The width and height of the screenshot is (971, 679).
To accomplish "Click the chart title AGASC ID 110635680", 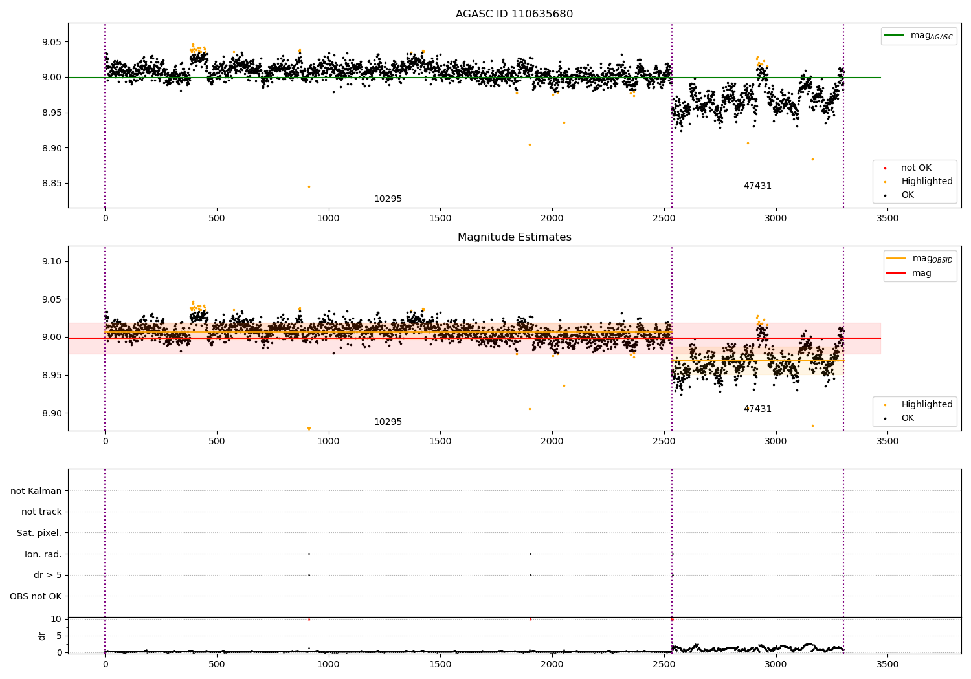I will [x=514, y=14].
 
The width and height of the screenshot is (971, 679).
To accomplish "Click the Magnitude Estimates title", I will [x=514, y=237].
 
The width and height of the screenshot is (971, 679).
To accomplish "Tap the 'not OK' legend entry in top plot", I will [x=915, y=168].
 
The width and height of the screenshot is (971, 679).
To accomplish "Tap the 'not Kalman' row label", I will [x=36, y=491].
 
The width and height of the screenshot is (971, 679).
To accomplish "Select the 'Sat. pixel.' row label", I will [x=39, y=533].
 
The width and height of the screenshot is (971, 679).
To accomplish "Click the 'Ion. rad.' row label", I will [x=43, y=554].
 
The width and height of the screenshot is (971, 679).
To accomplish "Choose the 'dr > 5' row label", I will [x=47, y=576].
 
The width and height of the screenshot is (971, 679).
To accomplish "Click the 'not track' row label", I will [x=41, y=512].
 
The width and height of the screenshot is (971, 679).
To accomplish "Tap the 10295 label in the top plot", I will [x=388, y=199].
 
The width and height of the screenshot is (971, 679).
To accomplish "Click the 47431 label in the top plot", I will [x=757, y=186].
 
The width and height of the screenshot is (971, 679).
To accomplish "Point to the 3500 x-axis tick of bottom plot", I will [x=887, y=664].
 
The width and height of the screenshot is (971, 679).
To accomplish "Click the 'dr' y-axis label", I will [x=42, y=636].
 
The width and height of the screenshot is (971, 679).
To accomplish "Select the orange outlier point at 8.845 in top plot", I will [x=309, y=186].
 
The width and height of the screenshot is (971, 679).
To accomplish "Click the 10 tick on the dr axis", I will [x=56, y=620].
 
